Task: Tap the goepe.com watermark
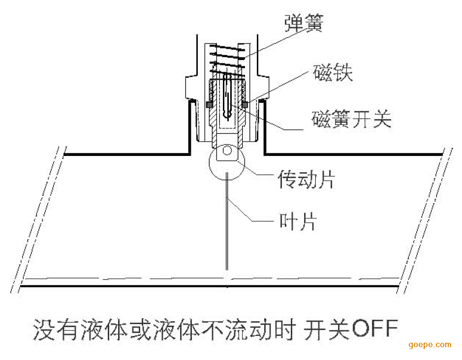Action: tap(430, 345)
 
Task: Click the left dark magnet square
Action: tap(208, 105)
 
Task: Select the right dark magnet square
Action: tap(245, 105)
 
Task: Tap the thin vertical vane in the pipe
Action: tap(227, 221)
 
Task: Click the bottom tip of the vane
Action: tap(227, 268)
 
